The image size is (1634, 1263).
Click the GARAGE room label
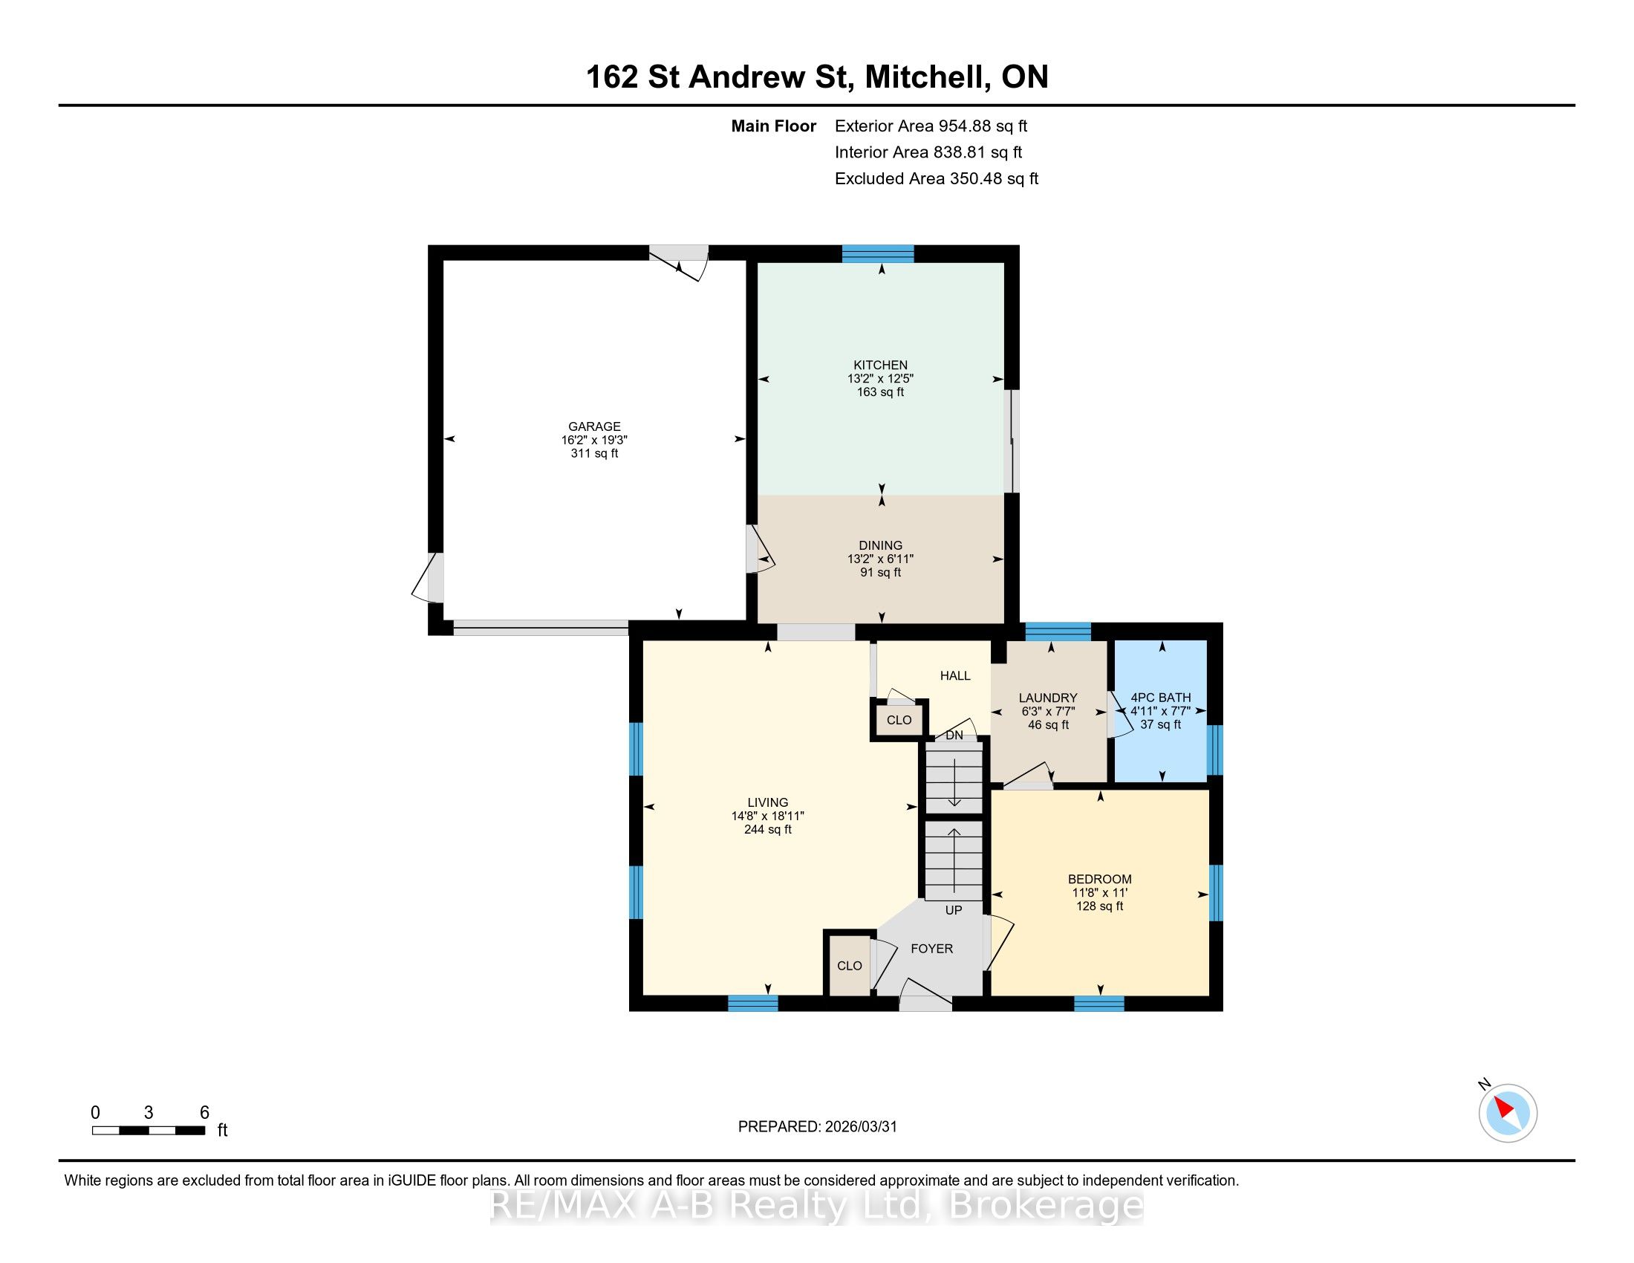(x=594, y=426)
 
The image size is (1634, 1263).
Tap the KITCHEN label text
(x=881, y=365)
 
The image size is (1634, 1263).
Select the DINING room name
(x=881, y=545)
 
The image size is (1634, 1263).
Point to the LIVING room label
(x=768, y=802)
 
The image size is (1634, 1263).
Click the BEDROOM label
(x=1100, y=879)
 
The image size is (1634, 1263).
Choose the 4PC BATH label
(x=1161, y=698)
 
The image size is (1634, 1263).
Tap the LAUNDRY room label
(x=1048, y=698)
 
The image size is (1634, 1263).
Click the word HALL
(x=955, y=675)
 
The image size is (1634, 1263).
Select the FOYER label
(x=931, y=949)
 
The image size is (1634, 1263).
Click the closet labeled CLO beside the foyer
(x=849, y=966)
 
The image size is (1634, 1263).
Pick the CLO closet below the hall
(x=899, y=720)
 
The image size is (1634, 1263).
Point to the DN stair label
(x=954, y=736)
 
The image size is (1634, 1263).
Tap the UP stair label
(x=954, y=911)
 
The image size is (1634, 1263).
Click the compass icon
(x=1508, y=1113)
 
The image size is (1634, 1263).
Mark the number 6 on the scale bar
(x=204, y=1113)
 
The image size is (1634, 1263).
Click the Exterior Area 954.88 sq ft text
(x=931, y=126)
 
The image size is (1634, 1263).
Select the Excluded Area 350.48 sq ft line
(x=937, y=179)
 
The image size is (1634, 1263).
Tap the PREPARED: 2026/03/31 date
(x=817, y=1127)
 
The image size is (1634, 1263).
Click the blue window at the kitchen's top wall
(x=879, y=253)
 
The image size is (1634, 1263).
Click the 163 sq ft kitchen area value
(x=881, y=392)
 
